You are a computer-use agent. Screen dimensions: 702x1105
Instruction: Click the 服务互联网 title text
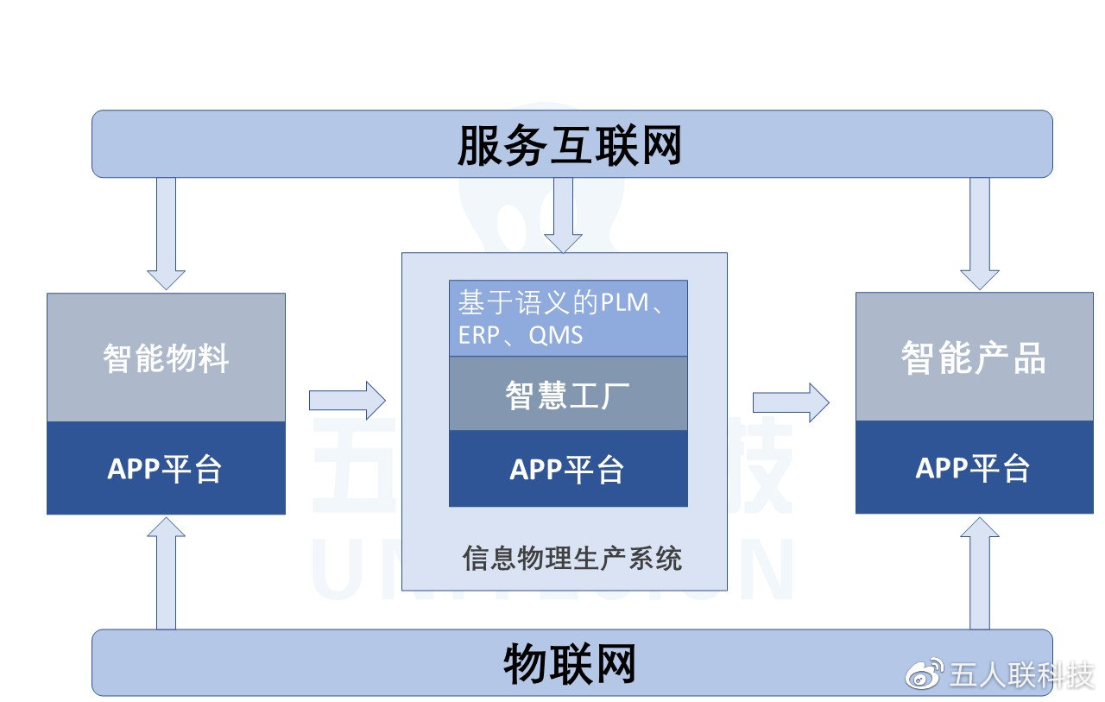(570, 146)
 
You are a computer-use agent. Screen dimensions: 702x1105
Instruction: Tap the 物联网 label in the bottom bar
(570, 664)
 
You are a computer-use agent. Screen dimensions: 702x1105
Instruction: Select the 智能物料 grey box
(166, 357)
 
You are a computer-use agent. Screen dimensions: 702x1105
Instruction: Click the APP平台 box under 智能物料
(166, 468)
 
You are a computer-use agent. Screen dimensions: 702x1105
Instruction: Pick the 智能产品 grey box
(974, 357)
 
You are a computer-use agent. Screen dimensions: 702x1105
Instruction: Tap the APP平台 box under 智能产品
(974, 468)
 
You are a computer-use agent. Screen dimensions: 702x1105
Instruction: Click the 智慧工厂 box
(568, 394)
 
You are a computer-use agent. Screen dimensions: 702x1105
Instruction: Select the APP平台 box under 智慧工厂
(568, 469)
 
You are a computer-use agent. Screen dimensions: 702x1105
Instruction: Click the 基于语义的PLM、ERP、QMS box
(568, 319)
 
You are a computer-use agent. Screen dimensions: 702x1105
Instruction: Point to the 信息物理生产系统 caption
(572, 559)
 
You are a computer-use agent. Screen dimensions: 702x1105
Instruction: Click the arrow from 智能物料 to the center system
(347, 400)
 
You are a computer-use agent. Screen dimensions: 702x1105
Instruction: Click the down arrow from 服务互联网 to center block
(563, 215)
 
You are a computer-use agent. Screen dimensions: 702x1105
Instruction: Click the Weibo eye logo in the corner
(925, 674)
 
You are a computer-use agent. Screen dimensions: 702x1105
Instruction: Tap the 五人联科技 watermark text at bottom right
(1021, 676)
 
